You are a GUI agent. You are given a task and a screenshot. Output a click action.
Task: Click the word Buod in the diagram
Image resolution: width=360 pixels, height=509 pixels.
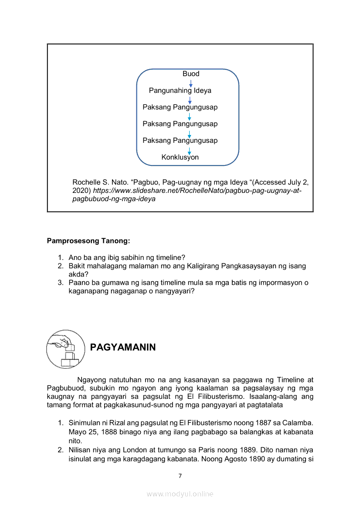[x=191, y=74]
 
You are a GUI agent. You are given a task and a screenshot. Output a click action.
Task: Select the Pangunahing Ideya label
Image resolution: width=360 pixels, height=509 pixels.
[x=180, y=91]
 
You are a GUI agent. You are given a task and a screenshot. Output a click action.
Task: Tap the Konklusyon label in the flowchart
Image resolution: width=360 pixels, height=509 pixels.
[x=180, y=157]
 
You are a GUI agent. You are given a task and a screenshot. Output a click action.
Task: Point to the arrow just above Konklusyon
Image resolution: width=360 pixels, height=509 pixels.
[x=189, y=150]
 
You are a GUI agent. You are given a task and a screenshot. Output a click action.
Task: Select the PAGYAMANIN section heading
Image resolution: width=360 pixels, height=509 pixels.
[x=122, y=347]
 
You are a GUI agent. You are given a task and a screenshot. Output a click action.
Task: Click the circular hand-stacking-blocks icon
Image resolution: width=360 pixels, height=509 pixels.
[x=65, y=349]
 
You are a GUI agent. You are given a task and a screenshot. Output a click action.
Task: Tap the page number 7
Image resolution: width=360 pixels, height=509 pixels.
[x=180, y=475]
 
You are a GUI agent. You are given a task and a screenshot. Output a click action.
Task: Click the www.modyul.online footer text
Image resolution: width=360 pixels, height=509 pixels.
[x=180, y=494]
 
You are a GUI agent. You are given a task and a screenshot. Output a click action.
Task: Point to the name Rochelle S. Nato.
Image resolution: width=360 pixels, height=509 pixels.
[x=97, y=182]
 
